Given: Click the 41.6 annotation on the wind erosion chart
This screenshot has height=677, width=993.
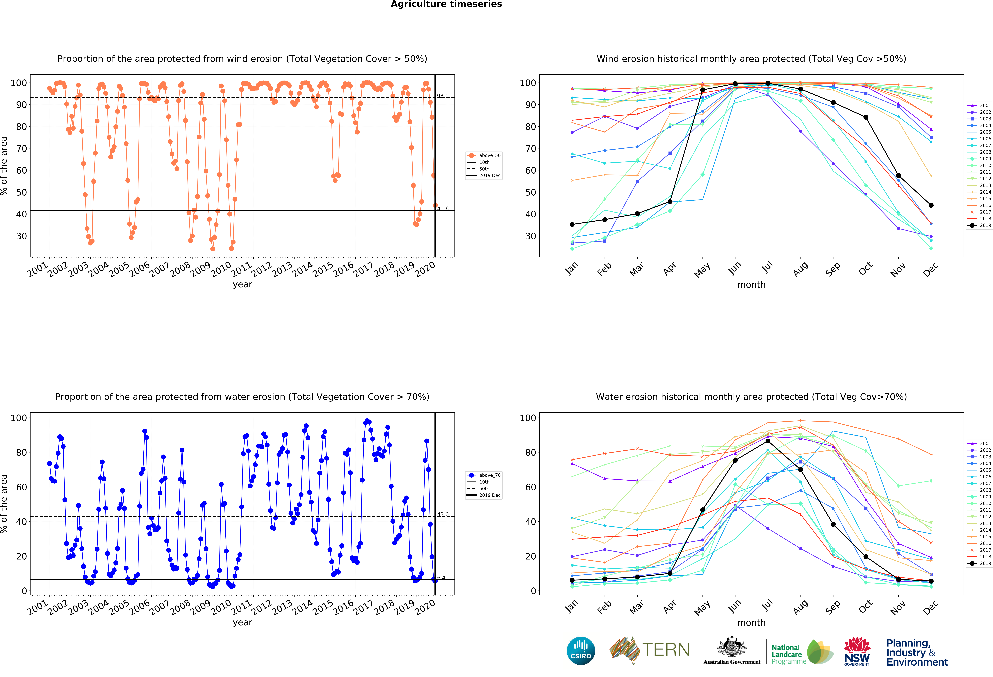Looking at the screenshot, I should tap(443, 209).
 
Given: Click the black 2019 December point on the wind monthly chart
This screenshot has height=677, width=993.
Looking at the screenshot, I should tap(931, 205).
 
